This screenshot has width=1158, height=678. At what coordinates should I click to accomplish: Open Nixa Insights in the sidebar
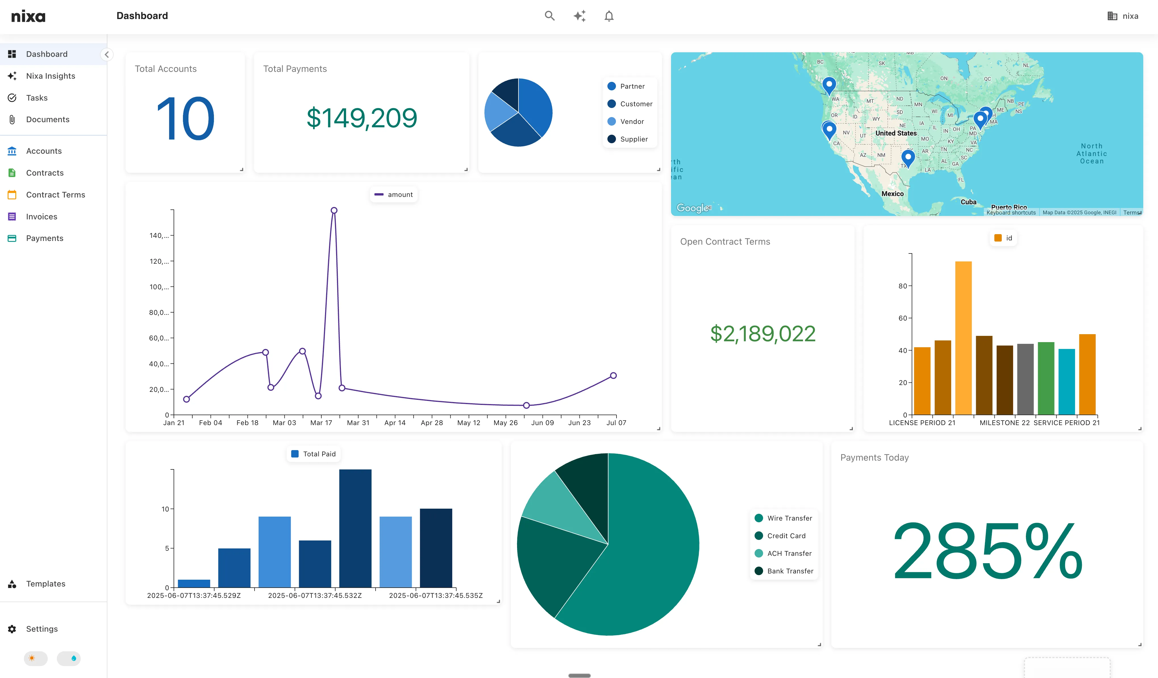51,76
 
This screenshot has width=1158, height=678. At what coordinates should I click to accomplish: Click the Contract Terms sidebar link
55,195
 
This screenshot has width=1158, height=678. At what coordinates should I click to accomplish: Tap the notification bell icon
609,16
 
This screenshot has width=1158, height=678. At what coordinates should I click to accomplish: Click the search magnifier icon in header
549,16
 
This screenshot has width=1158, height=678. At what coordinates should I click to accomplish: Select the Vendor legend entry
631,121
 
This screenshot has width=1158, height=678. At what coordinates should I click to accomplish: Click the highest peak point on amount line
334,211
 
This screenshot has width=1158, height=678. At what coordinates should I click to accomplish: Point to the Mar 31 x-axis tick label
358,423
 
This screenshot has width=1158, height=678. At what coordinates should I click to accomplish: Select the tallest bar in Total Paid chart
355,528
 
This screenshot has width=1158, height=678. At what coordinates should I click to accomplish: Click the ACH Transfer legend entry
789,554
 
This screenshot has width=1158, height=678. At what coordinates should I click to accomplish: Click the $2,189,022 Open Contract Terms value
763,334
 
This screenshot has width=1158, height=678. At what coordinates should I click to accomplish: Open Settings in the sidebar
42,629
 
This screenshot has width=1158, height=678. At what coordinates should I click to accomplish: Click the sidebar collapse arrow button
107,55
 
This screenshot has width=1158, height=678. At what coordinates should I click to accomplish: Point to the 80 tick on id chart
903,286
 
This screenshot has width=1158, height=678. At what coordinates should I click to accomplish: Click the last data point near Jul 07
613,376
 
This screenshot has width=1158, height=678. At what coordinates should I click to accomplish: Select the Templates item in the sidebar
45,584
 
